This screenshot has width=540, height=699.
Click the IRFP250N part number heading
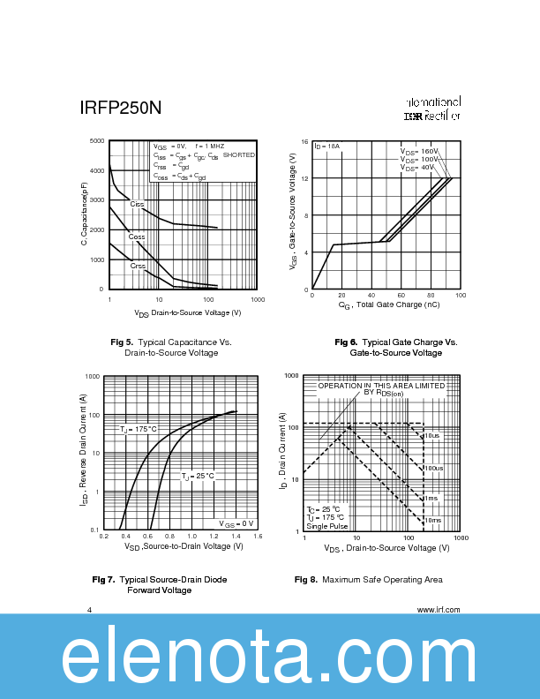point(120,109)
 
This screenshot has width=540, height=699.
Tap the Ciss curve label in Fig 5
point(137,204)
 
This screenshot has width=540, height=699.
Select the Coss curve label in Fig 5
point(137,237)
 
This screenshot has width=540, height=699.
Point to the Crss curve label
point(138,266)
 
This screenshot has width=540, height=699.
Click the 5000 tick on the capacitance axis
point(97,141)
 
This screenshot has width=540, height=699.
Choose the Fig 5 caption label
point(122,342)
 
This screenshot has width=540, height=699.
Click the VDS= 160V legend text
point(418,152)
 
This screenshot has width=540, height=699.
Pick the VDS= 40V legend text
point(416,167)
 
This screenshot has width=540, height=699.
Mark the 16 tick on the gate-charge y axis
point(304,142)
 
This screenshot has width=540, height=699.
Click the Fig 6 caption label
point(346,342)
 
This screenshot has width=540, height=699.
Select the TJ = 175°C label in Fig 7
point(139,429)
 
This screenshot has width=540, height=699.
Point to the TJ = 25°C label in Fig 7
point(198,476)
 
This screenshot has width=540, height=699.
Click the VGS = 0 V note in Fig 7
point(236,524)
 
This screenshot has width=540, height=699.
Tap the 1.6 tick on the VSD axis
point(258,536)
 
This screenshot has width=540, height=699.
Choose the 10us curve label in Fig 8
point(431,436)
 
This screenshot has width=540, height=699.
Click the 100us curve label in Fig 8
point(433,468)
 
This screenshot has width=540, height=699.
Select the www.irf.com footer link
point(438,609)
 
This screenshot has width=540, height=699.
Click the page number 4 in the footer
point(90,609)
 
